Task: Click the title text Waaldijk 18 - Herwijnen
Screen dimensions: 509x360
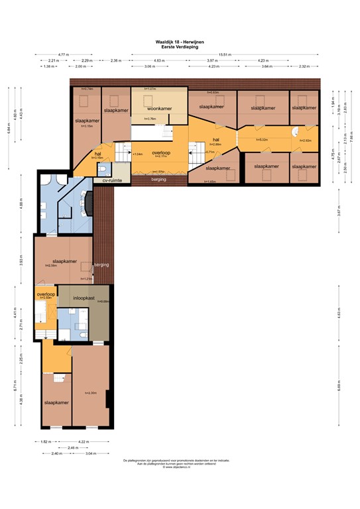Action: tap(180, 42)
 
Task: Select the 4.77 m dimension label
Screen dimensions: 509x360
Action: tap(64, 54)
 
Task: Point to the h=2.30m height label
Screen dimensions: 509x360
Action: tap(91, 393)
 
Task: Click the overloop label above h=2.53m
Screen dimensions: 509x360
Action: tap(45, 294)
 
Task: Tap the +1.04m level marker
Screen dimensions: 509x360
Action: tap(138, 154)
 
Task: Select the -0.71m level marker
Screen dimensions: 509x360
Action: tap(210, 152)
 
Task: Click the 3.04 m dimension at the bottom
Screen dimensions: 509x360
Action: tap(90, 453)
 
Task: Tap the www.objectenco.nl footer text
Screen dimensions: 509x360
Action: tap(180, 467)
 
